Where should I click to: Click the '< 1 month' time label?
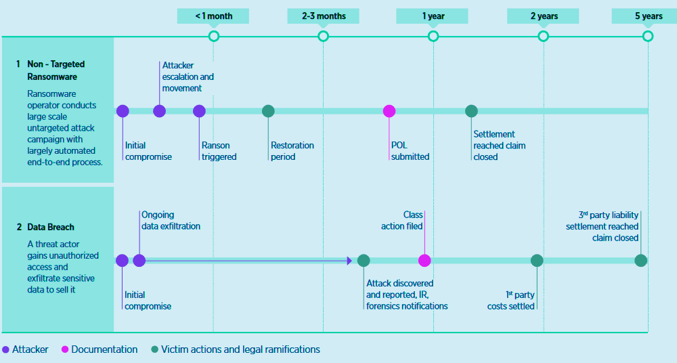[213, 16]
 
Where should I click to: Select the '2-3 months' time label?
[323, 16]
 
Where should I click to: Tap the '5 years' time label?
[648, 16]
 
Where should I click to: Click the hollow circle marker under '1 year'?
[433, 36]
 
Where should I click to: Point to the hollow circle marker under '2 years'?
[543, 36]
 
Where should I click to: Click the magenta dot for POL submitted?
[389, 111]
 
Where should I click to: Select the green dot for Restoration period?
[268, 111]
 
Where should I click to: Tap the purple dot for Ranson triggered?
[199, 111]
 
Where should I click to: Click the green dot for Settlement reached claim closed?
[471, 111]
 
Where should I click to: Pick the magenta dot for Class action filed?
[424, 260]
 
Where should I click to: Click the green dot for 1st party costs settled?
[537, 260]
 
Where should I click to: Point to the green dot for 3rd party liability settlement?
[640, 260]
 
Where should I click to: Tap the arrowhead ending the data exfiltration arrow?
[349, 260]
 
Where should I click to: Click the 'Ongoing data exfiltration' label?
[171, 221]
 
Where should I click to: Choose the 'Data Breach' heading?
[51, 227]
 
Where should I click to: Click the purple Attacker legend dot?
[6, 350]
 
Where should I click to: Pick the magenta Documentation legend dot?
[65, 350]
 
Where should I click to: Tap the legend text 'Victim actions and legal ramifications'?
[240, 350]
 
